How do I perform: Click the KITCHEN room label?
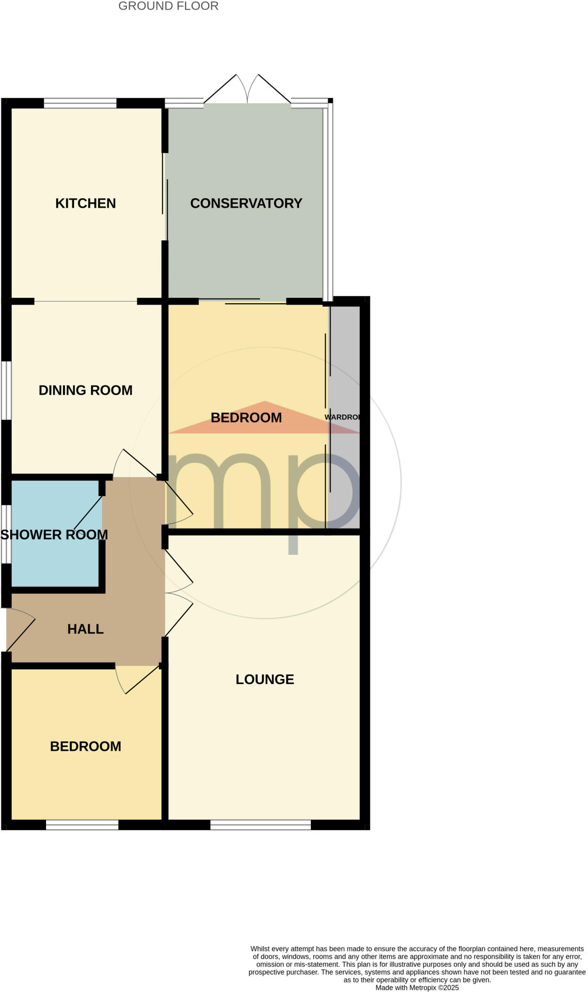click(85, 203)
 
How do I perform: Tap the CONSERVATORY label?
click(246, 203)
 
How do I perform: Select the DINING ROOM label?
click(85, 390)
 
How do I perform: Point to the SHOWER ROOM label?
click(54, 535)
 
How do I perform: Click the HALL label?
click(85, 629)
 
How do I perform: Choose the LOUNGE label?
click(265, 680)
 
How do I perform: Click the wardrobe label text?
click(342, 417)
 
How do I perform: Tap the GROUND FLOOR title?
click(168, 6)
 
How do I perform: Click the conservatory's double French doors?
click(247, 90)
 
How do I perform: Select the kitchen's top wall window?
click(80, 103)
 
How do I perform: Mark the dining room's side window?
click(6, 390)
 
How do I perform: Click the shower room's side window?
click(6, 534)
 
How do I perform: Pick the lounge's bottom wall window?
click(260, 825)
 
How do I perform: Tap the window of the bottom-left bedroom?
click(82, 825)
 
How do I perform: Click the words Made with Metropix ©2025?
click(417, 988)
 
